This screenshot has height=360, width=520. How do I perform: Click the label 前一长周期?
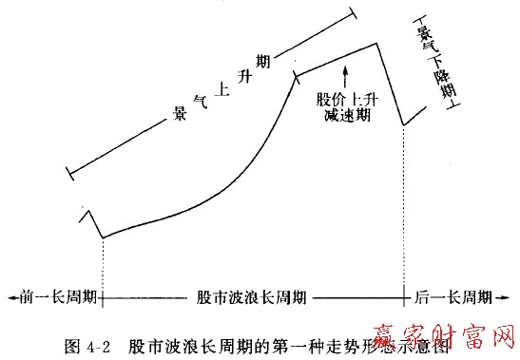point(55,296)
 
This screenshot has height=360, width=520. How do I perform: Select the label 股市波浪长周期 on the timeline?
point(251,296)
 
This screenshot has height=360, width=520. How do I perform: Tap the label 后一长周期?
point(453,296)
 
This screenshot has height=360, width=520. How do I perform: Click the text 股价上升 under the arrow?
point(347,98)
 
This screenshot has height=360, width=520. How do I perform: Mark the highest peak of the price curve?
point(378,43)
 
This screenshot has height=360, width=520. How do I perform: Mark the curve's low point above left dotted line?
point(102,237)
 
